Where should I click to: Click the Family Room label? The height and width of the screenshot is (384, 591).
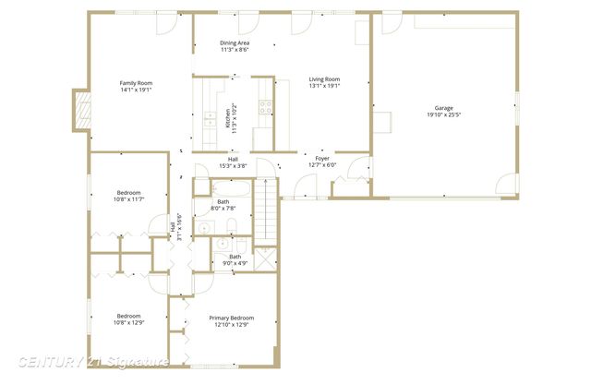click(x=135, y=83)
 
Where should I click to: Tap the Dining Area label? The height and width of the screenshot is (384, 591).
click(x=234, y=42)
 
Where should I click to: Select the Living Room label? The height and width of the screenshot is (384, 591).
click(x=324, y=79)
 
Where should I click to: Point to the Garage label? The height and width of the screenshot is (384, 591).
click(x=443, y=108)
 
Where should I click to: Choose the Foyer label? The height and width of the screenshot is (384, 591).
click(x=322, y=159)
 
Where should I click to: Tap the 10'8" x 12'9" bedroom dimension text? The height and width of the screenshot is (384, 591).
click(x=128, y=322)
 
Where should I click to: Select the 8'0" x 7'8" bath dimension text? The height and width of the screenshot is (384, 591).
click(x=223, y=209)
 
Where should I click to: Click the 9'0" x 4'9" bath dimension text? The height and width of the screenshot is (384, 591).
click(x=235, y=264)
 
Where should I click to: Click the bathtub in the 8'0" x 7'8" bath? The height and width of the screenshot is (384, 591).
click(x=223, y=187)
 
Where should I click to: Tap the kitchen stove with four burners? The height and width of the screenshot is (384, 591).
click(x=266, y=110)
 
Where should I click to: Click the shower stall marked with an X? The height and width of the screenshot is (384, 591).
click(x=264, y=258)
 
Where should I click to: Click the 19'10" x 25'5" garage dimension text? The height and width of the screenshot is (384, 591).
click(x=443, y=115)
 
